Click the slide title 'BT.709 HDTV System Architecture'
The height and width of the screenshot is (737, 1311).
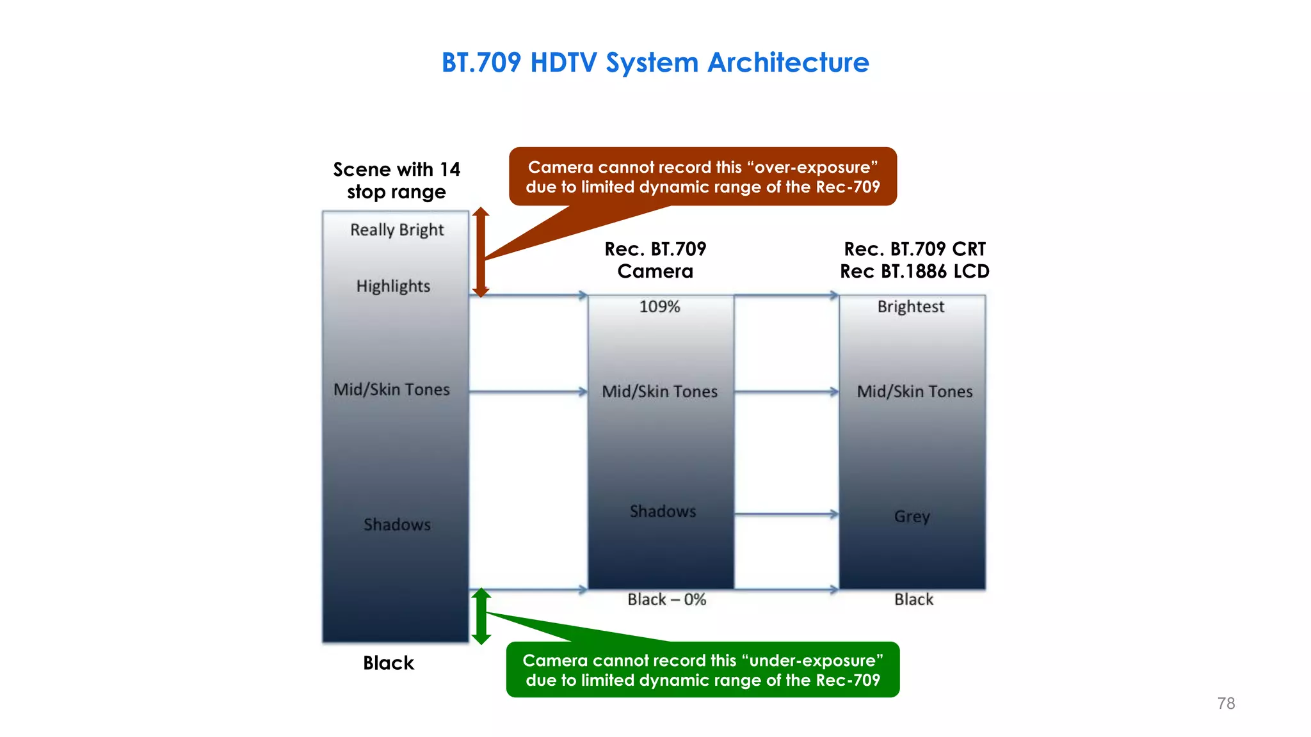click(655, 63)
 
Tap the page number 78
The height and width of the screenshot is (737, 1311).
click(1226, 703)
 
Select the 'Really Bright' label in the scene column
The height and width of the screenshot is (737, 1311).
click(397, 230)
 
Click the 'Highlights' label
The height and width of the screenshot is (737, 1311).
click(393, 286)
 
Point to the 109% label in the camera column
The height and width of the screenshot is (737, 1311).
click(659, 306)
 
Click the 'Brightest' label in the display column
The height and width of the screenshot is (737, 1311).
click(910, 306)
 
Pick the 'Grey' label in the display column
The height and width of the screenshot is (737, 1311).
click(912, 516)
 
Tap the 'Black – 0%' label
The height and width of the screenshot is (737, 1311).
click(666, 599)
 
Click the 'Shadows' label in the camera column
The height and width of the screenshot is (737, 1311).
click(663, 511)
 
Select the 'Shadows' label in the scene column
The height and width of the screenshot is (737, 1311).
click(397, 525)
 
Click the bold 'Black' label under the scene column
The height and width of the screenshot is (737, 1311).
click(389, 663)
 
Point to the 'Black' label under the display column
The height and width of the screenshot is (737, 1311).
click(913, 599)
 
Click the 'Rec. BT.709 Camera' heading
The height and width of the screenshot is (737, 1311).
click(655, 260)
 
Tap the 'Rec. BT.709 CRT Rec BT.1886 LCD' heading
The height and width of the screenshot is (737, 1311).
click(914, 260)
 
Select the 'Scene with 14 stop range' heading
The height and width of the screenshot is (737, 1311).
click(396, 180)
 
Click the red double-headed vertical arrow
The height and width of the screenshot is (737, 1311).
click(481, 252)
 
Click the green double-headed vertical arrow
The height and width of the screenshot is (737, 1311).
click(481, 616)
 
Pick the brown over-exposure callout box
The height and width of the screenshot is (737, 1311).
click(703, 177)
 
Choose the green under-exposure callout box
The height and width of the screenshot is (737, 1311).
click(703, 670)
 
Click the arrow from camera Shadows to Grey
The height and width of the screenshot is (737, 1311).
click(786, 514)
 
